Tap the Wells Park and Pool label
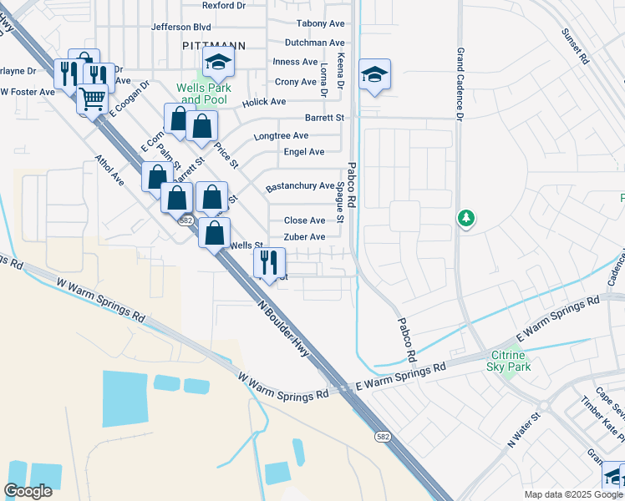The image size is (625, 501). coord(201,94)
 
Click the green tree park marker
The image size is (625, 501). coord(466,219)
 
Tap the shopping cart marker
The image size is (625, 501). coord(92,99)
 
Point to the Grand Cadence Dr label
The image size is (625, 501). coord(460,83)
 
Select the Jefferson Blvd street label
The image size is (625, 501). coord(180,27)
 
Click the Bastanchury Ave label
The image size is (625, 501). coord(300,186)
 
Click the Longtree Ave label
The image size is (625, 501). coord(282,135)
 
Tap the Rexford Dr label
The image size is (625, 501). coord(224,5)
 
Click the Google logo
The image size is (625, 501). coord(28,490)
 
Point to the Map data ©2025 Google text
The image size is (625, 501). coord(572,494)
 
